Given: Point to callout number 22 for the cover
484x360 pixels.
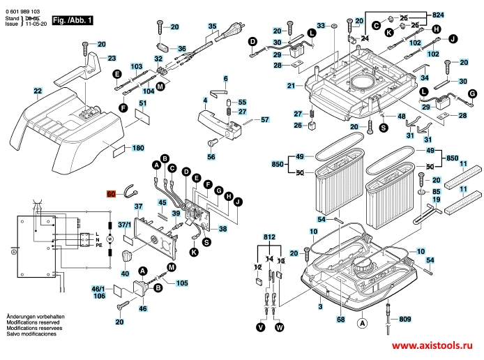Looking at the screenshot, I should pyautogui.click(x=38, y=91).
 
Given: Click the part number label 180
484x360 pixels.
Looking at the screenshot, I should pyautogui.click(x=138, y=148).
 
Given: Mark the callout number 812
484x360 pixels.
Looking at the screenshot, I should pyautogui.click(x=269, y=237).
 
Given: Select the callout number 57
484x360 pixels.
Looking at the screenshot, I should pyautogui.click(x=265, y=120).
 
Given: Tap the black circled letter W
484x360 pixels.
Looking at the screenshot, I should pyautogui.click(x=280, y=327).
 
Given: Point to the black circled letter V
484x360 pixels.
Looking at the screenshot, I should pyautogui.click(x=260, y=327).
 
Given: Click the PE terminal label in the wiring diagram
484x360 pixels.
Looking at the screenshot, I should pyautogui.click(x=98, y=246).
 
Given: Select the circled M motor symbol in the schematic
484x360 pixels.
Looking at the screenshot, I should pyautogui.click(x=108, y=240).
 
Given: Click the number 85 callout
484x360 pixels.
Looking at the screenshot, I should pyautogui.click(x=437, y=190).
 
